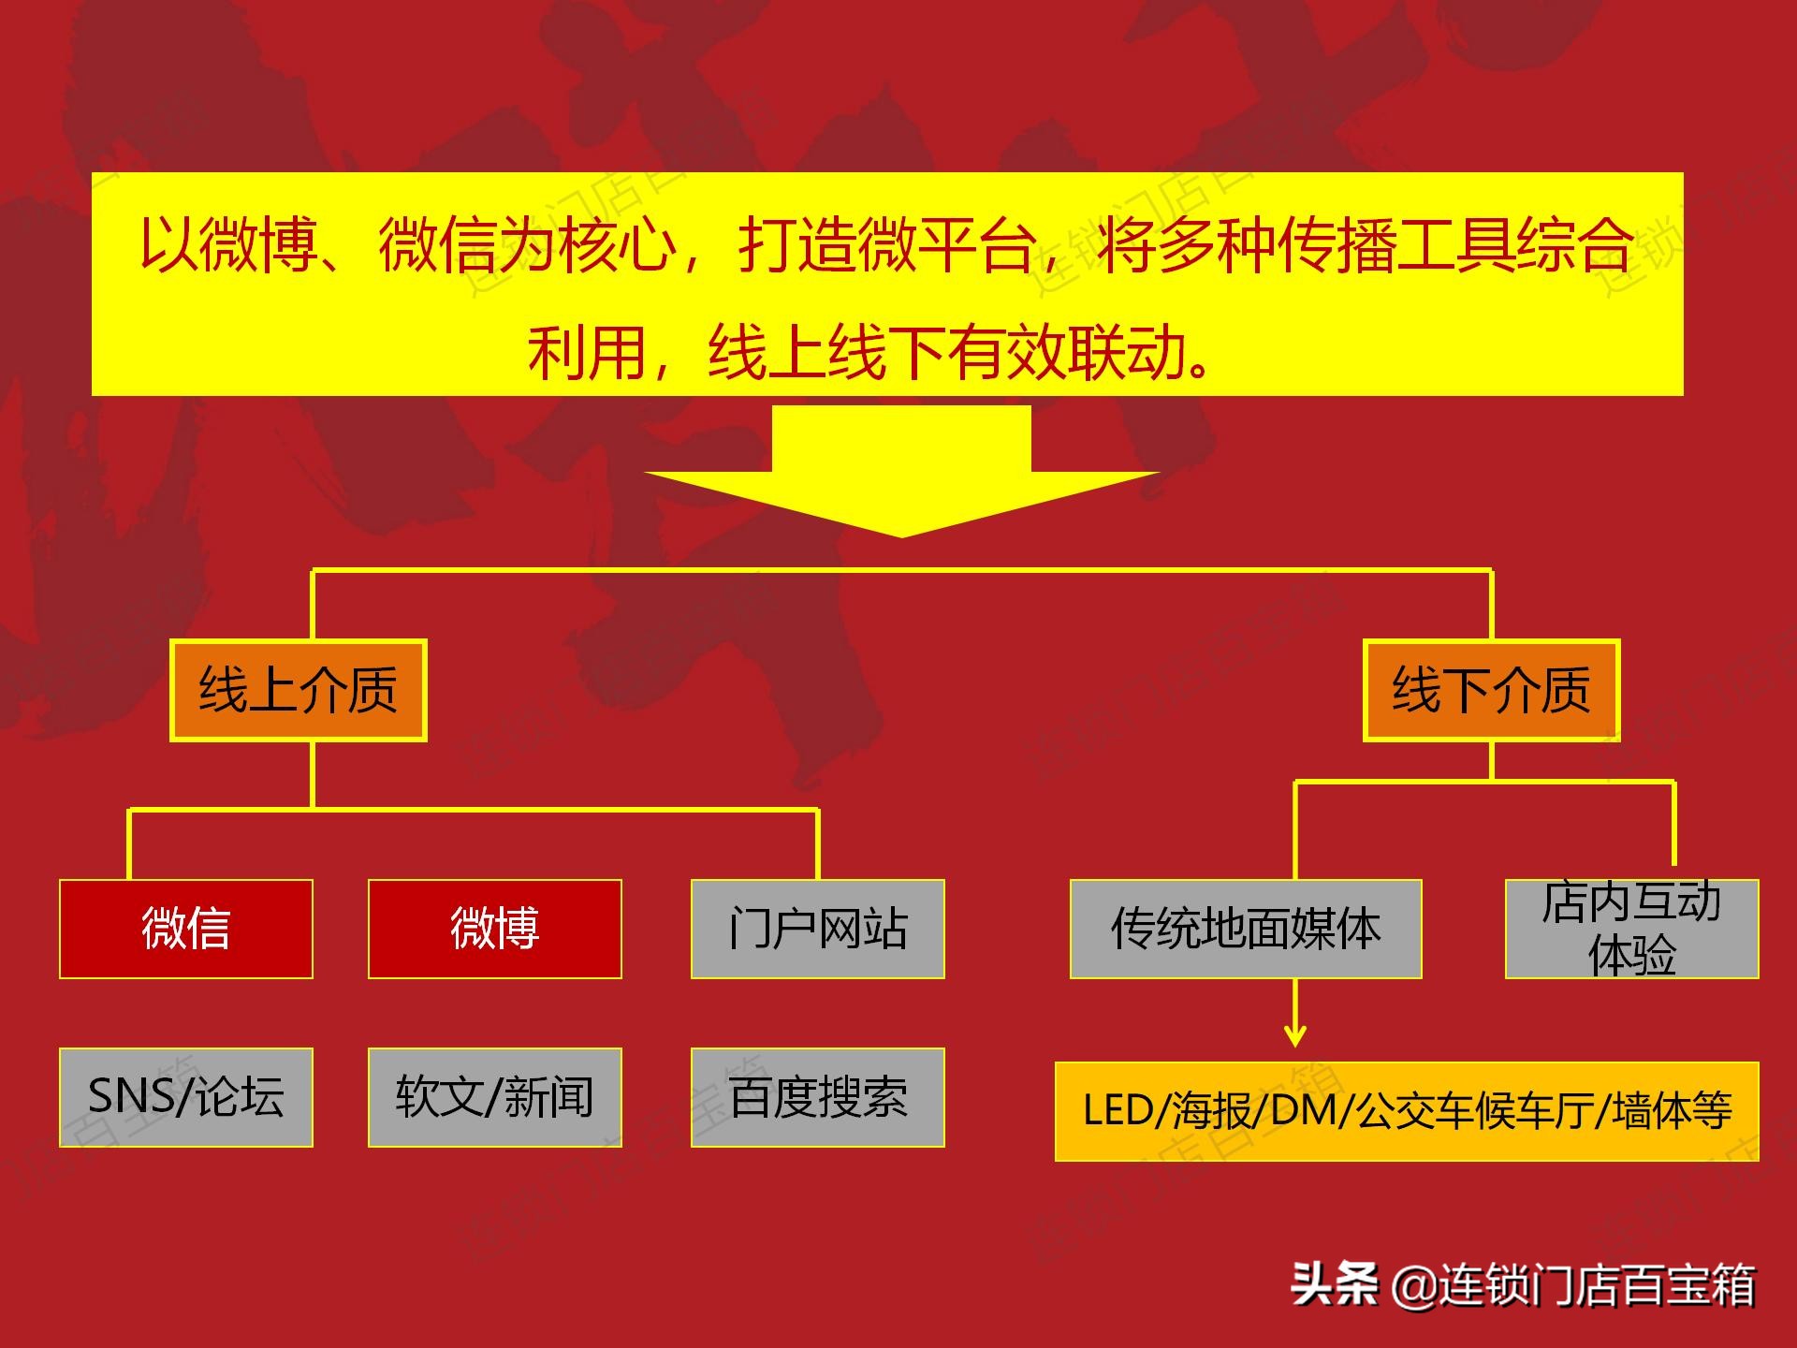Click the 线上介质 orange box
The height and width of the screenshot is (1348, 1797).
299,691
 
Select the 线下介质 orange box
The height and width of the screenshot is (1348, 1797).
1492,691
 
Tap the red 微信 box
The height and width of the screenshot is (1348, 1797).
186,929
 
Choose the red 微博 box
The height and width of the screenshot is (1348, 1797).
495,929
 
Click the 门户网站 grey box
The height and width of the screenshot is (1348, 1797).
818,929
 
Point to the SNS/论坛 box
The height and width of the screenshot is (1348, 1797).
186,1097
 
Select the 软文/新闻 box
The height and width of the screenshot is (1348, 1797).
495,1097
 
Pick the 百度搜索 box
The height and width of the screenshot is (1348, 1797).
818,1097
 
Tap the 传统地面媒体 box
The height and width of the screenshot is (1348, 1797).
1246,929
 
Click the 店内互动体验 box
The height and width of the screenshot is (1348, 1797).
1632,929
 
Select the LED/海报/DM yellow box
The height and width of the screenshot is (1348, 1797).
1407,1111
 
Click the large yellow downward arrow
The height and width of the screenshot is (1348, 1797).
901,471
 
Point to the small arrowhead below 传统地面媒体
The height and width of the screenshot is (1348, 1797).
1295,1035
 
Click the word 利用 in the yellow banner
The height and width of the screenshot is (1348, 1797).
587,354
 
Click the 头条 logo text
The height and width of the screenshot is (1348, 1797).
1335,1283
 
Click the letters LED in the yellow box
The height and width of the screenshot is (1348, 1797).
1118,1111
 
